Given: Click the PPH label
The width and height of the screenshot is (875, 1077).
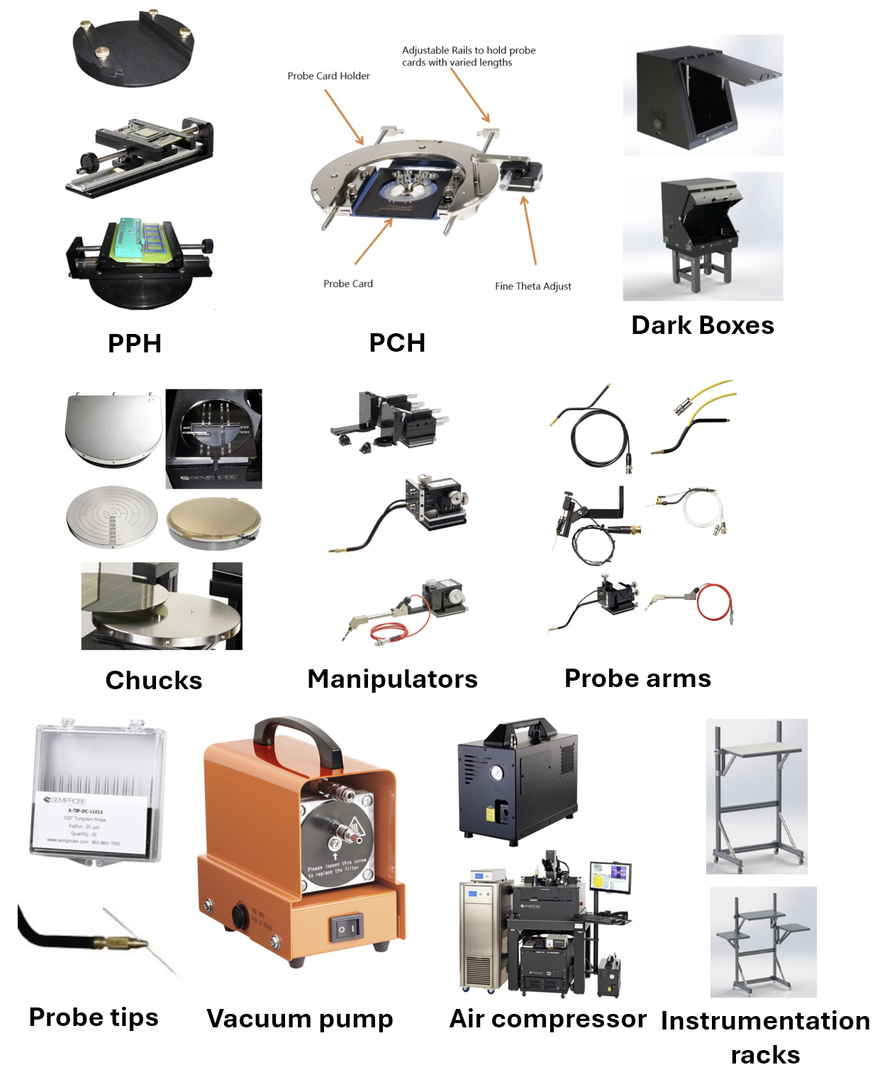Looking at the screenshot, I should point(135,343).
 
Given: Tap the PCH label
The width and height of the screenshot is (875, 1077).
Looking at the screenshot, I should point(397,342).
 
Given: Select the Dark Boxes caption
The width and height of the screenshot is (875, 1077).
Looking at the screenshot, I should point(702,325).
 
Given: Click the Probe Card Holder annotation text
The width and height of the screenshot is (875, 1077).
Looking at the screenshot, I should point(328,76).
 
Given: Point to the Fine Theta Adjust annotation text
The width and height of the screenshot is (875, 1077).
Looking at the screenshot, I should point(533,286).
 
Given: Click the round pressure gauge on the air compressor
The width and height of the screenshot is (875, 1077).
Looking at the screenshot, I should point(496,772).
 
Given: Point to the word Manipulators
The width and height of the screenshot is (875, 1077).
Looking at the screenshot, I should point(392,679).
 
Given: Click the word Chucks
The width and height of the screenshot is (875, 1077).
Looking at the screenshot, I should point(154,680).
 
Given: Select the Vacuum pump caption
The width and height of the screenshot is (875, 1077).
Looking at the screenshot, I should point(299,1018).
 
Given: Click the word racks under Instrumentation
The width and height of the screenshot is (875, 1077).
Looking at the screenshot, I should point(764,1054).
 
